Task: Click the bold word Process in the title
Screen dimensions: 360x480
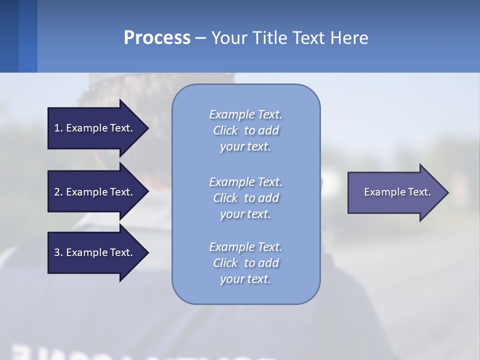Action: [x=157, y=38]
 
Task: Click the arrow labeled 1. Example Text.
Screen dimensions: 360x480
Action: [x=93, y=128]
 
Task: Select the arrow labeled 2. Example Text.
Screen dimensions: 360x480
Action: [x=93, y=192]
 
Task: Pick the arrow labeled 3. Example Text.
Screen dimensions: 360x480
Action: [x=93, y=252]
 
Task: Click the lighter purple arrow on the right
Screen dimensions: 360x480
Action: [x=397, y=192]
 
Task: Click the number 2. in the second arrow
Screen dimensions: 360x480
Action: [x=58, y=192]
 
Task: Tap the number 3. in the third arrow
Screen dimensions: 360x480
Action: [x=58, y=252]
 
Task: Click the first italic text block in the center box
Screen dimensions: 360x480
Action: [x=245, y=130]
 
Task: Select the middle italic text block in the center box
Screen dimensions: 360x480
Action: [x=245, y=198]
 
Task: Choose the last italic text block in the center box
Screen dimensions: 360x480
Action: [x=245, y=263]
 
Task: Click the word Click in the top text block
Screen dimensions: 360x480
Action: [x=225, y=130]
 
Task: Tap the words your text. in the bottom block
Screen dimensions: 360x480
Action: [x=245, y=279]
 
